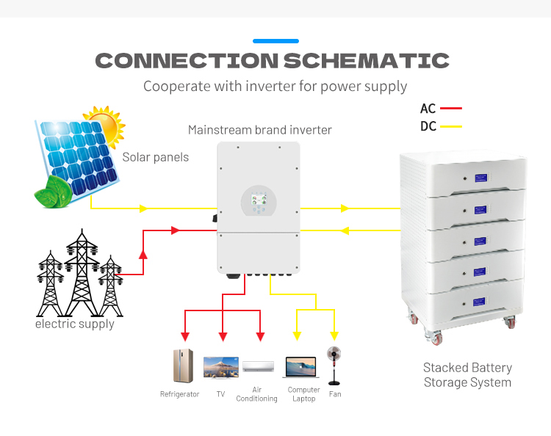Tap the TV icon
(220, 367)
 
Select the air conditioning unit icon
(258, 366)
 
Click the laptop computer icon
(300, 367)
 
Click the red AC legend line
(450, 109)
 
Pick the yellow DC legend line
(450, 126)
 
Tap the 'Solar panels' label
(155, 157)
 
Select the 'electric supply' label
(75, 324)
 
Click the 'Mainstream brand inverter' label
(259, 130)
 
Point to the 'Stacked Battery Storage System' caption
(467, 374)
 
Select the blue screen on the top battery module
(481, 178)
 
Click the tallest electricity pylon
(82, 272)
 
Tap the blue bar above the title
(275, 40)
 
